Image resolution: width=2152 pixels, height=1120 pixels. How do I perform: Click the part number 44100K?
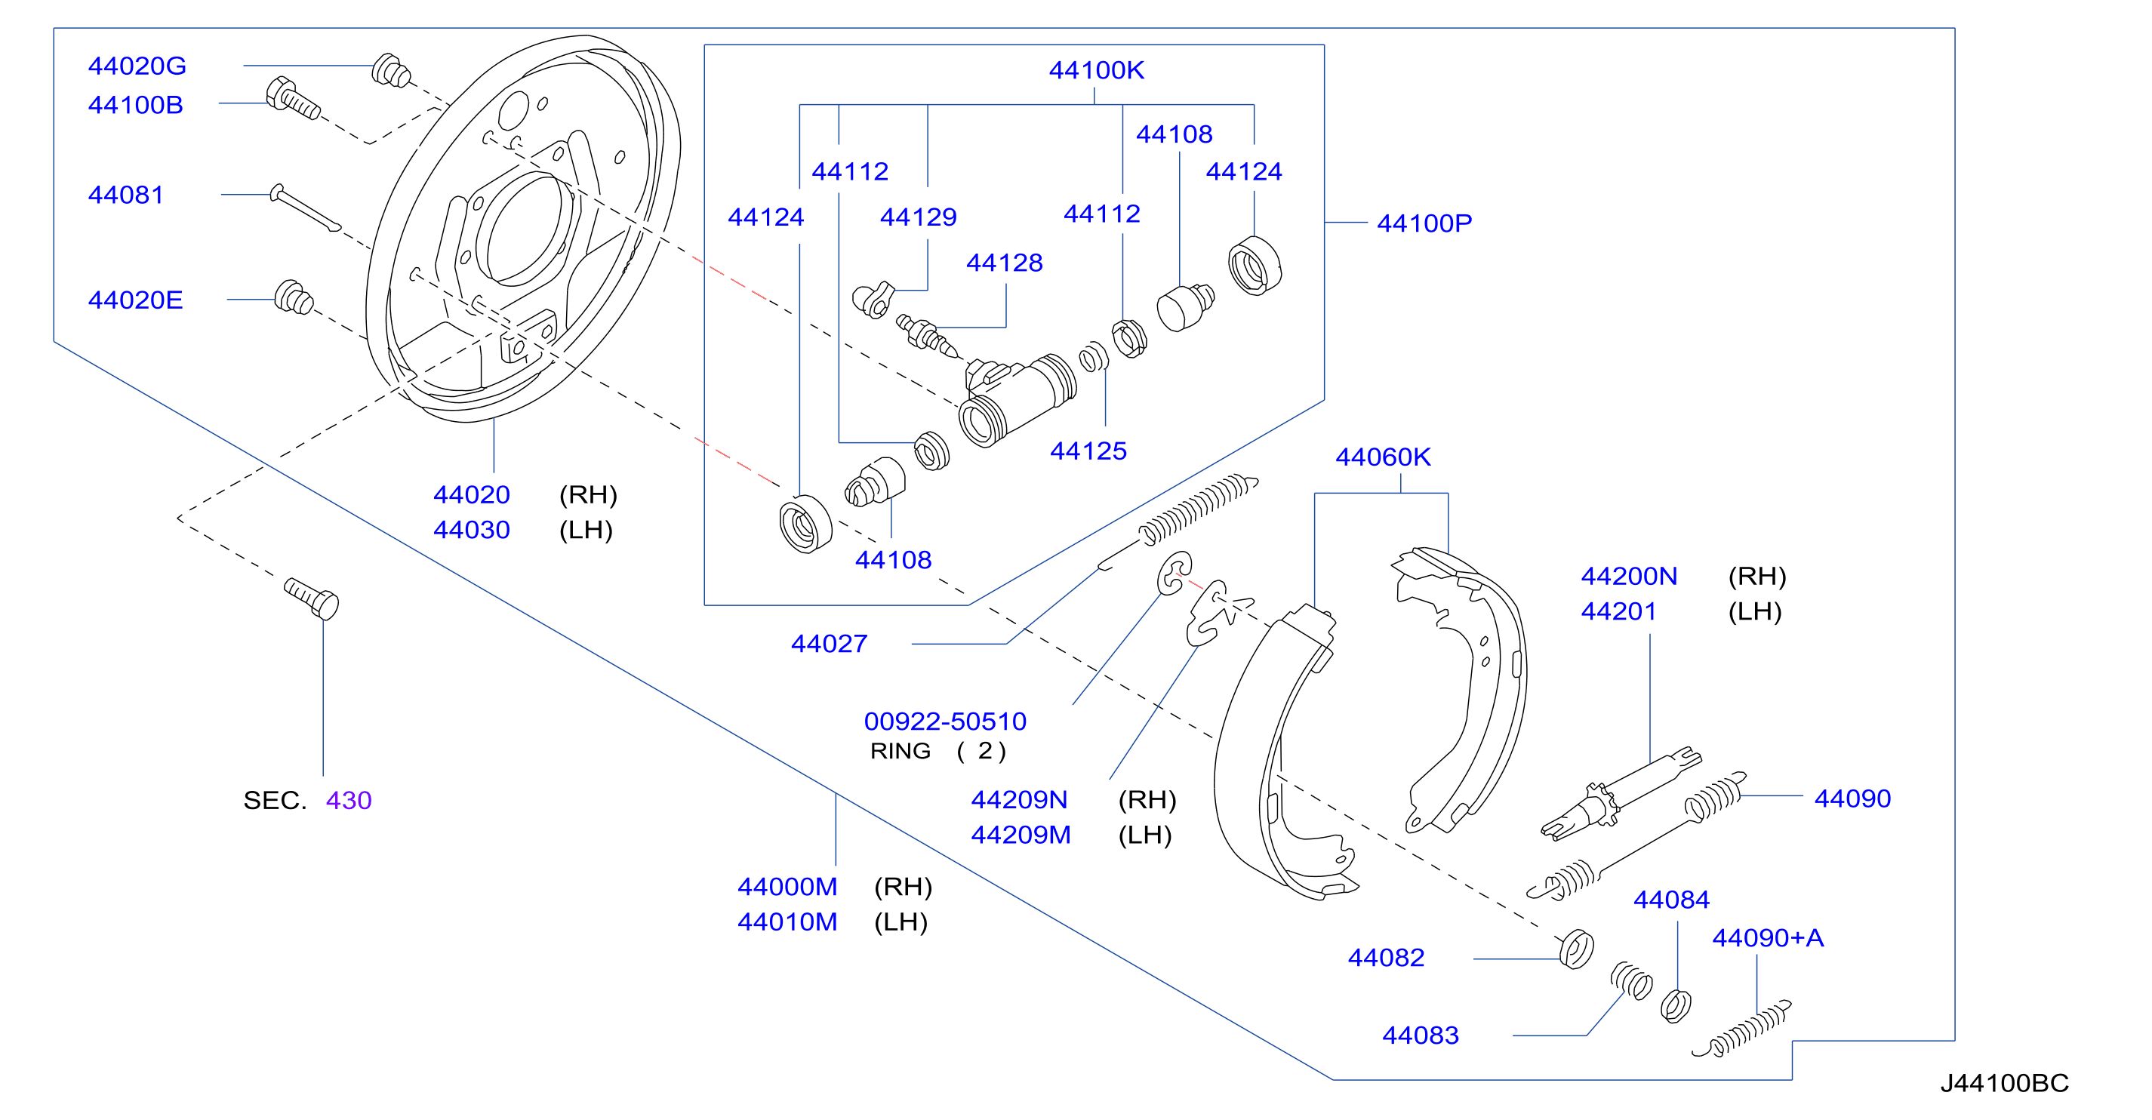1096,70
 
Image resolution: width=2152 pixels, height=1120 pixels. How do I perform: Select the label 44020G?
137,66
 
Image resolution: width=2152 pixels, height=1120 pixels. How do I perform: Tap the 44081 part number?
125,195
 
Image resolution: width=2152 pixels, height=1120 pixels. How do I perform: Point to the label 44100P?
1424,223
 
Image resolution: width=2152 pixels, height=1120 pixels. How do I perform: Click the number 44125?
1088,451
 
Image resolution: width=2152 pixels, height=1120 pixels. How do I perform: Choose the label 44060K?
1383,457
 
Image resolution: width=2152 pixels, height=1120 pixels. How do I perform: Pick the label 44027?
829,644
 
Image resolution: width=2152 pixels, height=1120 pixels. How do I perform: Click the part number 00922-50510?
945,722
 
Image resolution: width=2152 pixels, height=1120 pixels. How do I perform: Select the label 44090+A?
1768,938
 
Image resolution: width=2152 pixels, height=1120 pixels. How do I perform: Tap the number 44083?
1420,1035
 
